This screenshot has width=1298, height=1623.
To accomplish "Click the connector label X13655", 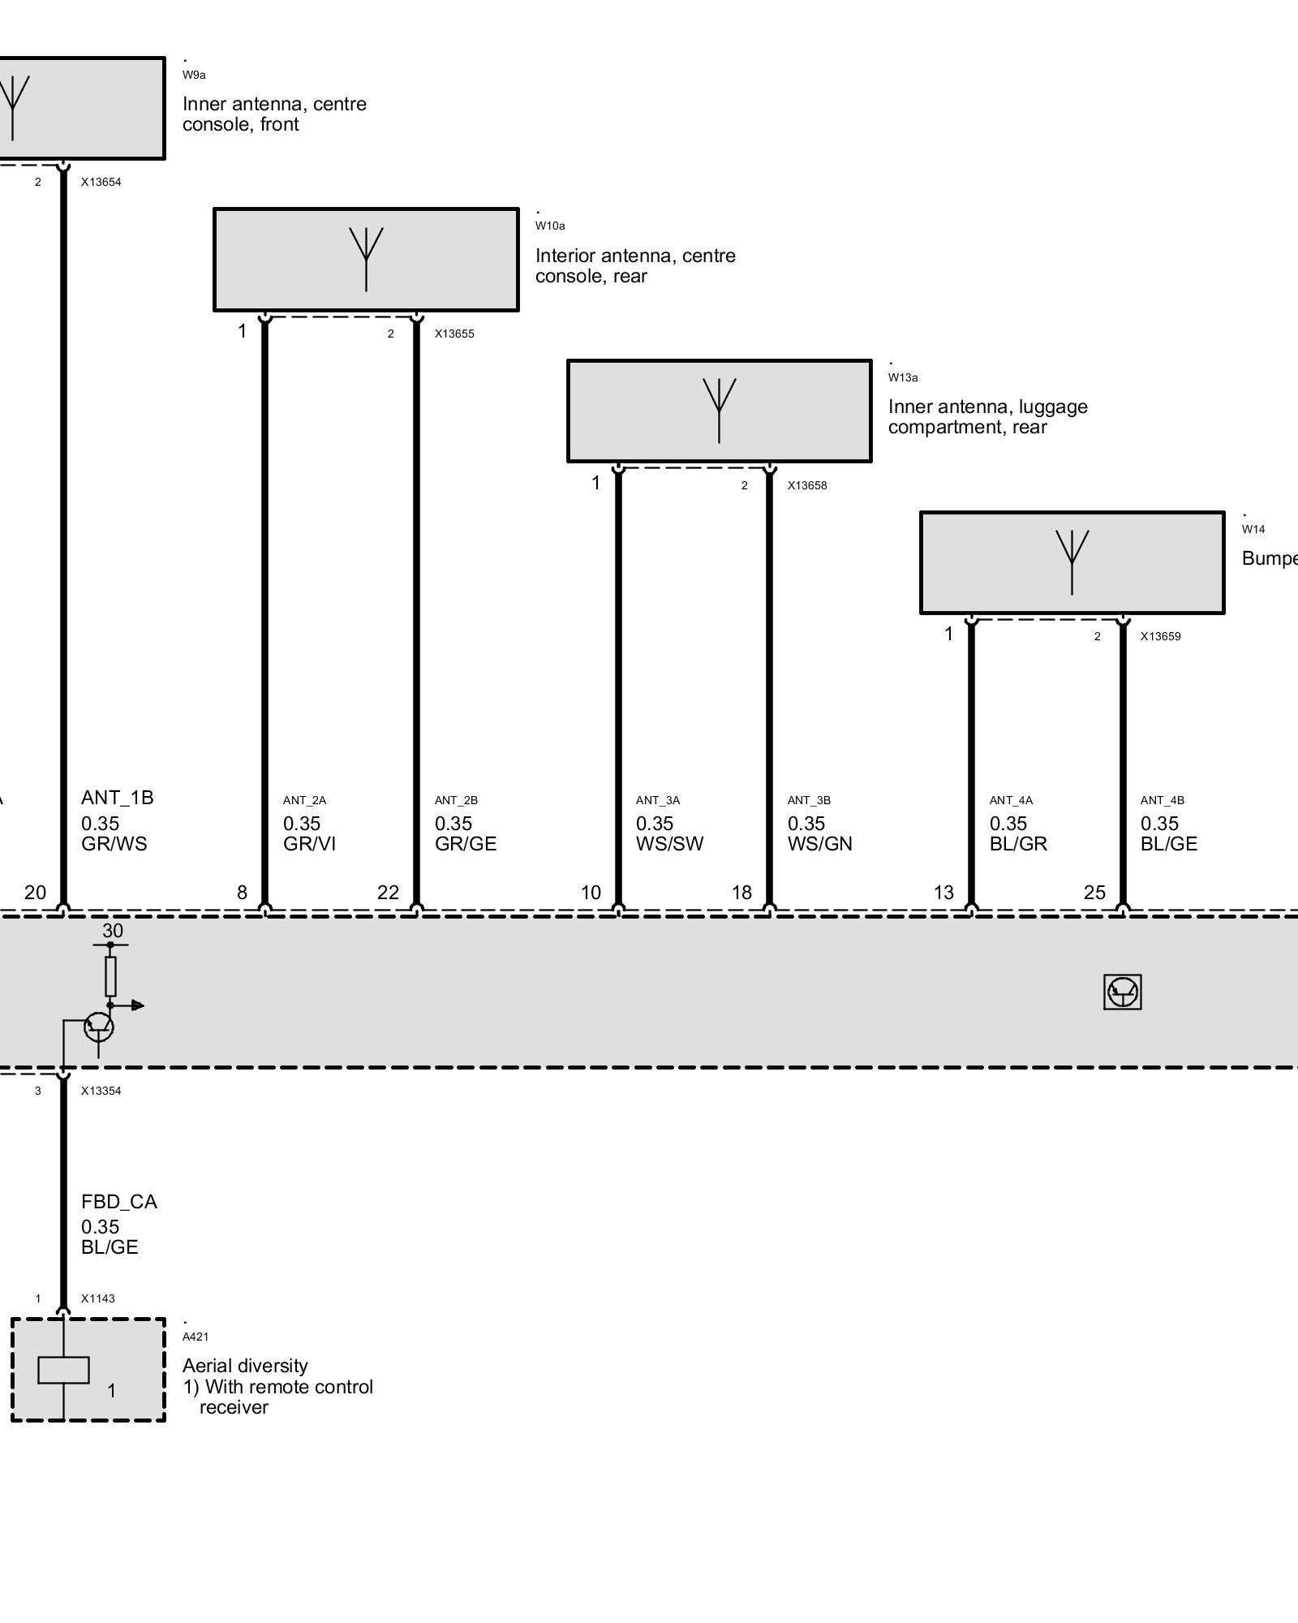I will [x=454, y=334].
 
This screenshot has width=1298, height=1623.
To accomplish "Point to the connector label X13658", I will [x=807, y=485].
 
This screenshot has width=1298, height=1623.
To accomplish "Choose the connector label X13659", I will [x=1160, y=636].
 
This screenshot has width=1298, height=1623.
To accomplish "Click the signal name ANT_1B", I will [x=118, y=798].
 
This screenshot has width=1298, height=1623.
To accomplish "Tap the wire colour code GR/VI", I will [x=309, y=844].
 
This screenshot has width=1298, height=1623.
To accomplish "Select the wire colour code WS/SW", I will [x=669, y=844].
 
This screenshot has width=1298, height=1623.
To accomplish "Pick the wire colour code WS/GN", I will [x=819, y=844].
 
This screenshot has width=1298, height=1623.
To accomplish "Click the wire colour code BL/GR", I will [x=1018, y=844].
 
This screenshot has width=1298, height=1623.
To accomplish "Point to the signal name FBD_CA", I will [x=119, y=1202].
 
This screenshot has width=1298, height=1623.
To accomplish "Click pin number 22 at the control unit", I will [x=388, y=893].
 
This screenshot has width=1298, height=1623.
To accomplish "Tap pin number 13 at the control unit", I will [x=943, y=893].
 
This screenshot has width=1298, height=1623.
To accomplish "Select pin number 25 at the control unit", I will [x=1094, y=893].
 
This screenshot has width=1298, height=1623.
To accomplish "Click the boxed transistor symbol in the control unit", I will [x=1123, y=992].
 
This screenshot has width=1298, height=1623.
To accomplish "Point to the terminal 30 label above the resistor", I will [x=113, y=931].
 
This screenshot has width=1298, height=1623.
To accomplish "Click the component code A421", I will [x=196, y=1337].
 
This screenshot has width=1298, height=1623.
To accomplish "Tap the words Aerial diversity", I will [x=245, y=1366].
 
